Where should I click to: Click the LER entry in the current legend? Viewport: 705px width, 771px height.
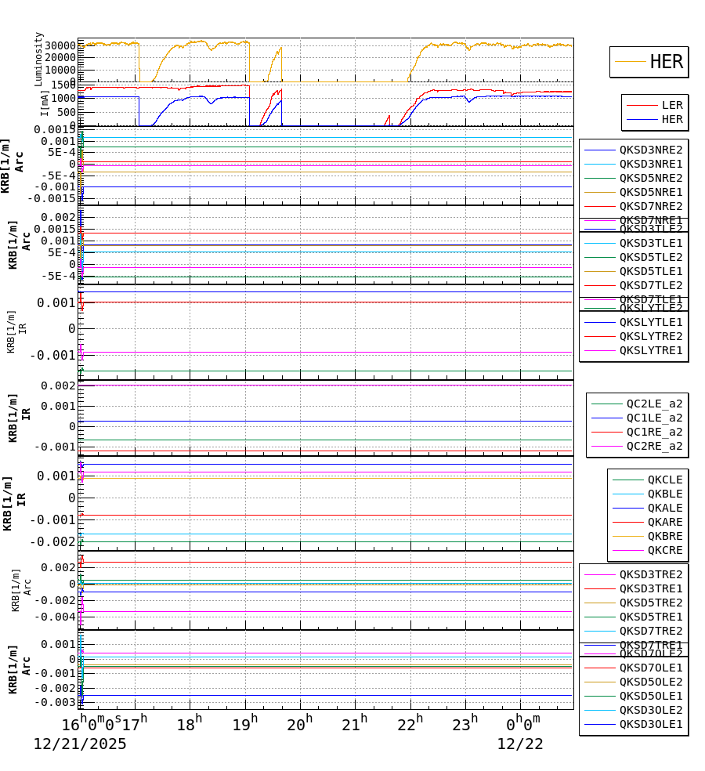(671, 105)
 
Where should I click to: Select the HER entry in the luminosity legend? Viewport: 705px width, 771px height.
(666, 62)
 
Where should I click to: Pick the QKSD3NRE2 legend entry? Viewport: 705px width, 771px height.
(650, 150)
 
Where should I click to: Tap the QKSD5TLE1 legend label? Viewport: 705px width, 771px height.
(650, 271)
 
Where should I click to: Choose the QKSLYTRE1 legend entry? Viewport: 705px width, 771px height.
(650, 350)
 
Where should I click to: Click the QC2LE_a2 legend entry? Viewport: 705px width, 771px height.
(653, 404)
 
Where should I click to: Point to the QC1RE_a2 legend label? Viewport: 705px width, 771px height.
(653, 432)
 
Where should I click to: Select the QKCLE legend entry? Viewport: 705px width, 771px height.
(664, 480)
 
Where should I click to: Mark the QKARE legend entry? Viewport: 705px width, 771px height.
(664, 522)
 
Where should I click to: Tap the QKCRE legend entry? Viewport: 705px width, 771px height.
(664, 550)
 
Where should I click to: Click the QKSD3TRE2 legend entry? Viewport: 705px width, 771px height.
(650, 574)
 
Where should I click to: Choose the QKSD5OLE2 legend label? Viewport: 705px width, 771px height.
(650, 682)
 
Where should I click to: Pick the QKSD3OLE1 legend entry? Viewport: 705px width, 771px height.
(650, 724)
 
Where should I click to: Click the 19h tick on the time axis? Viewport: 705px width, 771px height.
(245, 725)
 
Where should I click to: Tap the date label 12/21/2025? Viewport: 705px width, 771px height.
(79, 744)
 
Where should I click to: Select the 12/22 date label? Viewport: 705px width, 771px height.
(519, 744)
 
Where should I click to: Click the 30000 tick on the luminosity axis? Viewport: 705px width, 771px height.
(59, 45)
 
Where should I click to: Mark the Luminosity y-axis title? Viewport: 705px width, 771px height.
(38, 59)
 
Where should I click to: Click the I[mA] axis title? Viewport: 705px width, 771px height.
(44, 103)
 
